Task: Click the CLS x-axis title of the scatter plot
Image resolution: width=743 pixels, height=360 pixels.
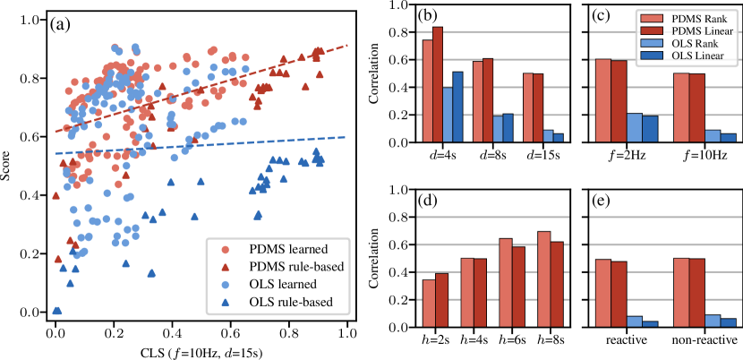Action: [x=201, y=350]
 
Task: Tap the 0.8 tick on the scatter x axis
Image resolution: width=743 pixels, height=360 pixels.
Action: [x=288, y=330]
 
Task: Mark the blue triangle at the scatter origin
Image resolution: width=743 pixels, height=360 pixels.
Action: [x=56, y=311]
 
